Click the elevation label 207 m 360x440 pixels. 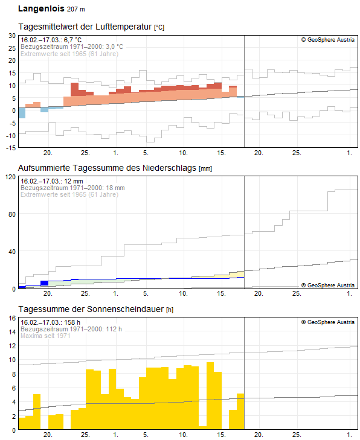pyautogui.click(x=76, y=10)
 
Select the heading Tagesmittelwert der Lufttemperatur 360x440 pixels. pyautogui.click(x=85, y=27)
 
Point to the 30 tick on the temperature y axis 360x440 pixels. pyautogui.click(x=11, y=36)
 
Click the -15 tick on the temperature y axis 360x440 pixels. pyautogui.click(x=10, y=147)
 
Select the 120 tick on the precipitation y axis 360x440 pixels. pyautogui.click(x=10, y=177)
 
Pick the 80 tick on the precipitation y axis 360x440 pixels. pyautogui.click(x=11, y=214)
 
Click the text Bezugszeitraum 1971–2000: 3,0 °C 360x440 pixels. pyautogui.click(x=72, y=46)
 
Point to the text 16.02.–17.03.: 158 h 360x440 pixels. pyautogui.click(x=50, y=322)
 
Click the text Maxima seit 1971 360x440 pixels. pyautogui.click(x=45, y=336)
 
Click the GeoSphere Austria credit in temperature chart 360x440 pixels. pyautogui.click(x=328, y=40)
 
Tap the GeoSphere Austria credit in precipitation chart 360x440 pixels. pyautogui.click(x=328, y=285)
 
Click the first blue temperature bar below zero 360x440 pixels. pyautogui.click(x=22, y=113)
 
